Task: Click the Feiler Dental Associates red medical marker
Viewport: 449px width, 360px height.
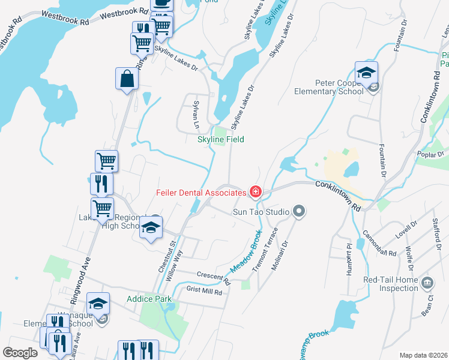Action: point(256,192)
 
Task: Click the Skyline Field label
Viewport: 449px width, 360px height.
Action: point(221,139)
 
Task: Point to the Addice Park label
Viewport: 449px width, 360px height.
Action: point(149,299)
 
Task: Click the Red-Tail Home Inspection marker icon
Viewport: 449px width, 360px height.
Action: point(427,283)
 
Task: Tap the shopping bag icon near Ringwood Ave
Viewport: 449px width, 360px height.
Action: point(127,79)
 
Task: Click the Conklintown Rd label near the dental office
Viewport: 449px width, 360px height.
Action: point(340,196)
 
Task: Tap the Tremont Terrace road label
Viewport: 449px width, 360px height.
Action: point(264,250)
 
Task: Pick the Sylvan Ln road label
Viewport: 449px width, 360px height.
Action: point(196,115)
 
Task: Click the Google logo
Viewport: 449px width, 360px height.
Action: point(20,353)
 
